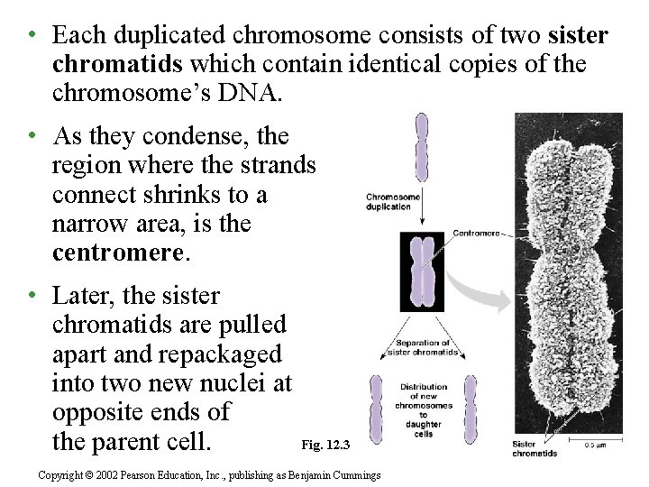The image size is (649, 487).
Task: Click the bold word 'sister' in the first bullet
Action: pyautogui.click(x=578, y=35)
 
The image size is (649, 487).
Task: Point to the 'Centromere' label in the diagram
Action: pyautogui.click(x=475, y=234)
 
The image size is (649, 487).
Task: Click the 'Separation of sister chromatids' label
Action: pyautogui.click(x=422, y=346)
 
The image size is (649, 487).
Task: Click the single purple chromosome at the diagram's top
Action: pyautogui.click(x=421, y=148)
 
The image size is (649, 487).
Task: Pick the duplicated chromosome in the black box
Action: pyautogui.click(x=423, y=272)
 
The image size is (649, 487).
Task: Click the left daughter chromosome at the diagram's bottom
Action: pyautogui.click(x=376, y=411)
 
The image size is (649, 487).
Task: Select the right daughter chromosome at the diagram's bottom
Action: pyautogui.click(x=468, y=411)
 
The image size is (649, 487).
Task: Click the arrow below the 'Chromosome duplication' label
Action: pyautogui.click(x=421, y=220)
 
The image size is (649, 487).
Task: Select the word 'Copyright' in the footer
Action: pyautogui.click(x=61, y=474)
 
